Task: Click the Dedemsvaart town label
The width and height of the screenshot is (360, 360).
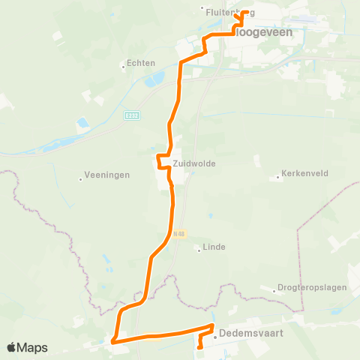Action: (251, 337)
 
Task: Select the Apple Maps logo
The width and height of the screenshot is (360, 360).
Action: (28, 347)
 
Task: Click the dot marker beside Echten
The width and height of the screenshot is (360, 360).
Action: (124, 65)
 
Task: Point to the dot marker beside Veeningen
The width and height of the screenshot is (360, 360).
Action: (80, 178)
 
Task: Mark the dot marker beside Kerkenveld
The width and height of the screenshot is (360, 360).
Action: (278, 174)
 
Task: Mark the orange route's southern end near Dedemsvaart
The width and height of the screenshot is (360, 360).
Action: (199, 347)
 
